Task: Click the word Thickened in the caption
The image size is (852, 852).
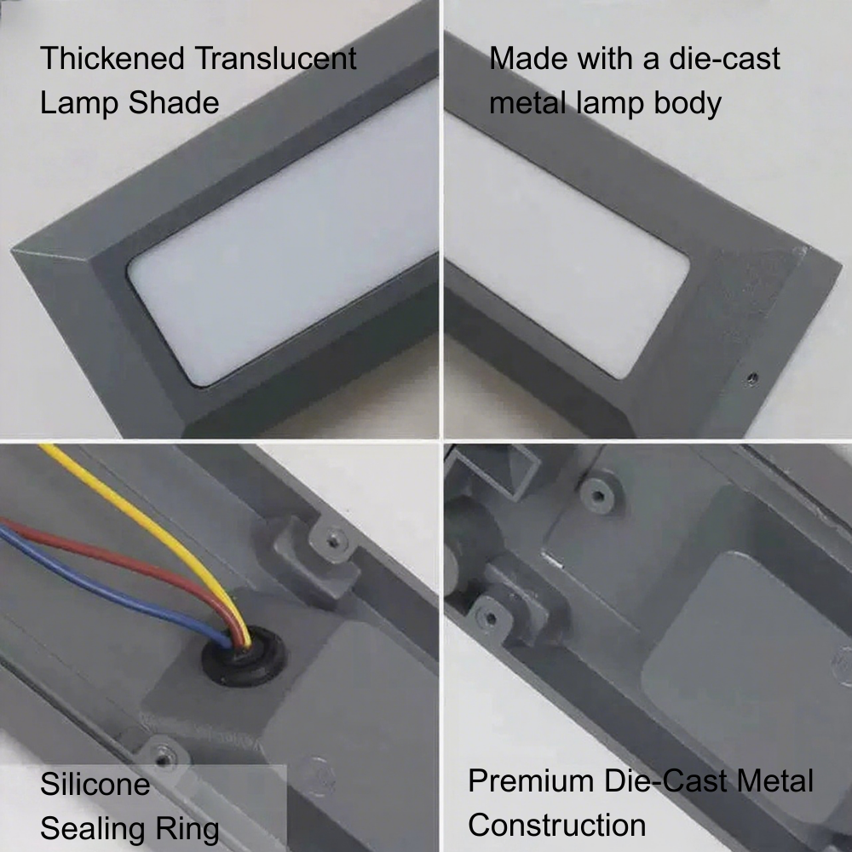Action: point(112,58)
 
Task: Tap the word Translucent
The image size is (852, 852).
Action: point(275,58)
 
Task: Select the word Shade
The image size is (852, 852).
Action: point(174,102)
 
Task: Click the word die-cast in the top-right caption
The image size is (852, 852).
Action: point(724,58)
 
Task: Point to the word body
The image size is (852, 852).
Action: point(688,104)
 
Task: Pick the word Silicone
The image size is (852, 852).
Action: point(95,784)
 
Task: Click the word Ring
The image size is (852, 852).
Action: point(187,830)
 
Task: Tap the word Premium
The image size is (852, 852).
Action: point(532,780)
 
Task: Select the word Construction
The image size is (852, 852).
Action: point(557,825)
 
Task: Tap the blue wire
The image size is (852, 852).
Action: point(109,592)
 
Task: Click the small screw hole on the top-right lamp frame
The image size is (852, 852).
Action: point(752,377)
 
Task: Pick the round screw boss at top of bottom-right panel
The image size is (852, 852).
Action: point(598,496)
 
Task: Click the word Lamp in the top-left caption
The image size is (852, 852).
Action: point(80,104)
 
